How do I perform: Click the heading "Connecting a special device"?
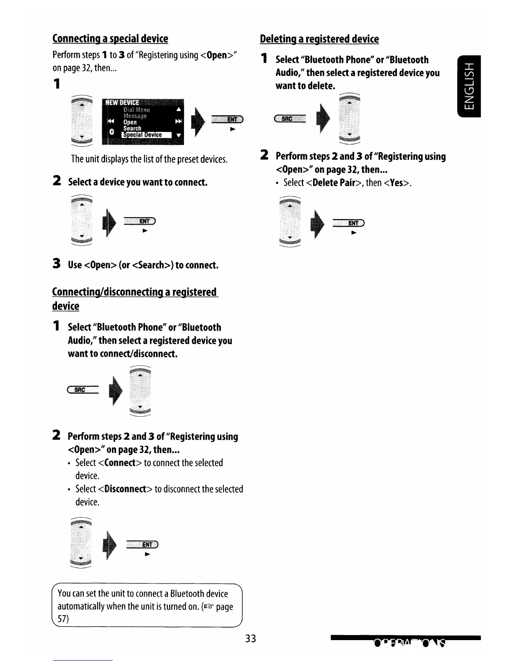coord(110,39)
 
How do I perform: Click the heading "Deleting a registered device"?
coord(319,39)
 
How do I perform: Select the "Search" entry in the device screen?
coord(132,128)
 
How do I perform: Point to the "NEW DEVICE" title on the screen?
coord(123,103)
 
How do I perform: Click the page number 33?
coord(250,638)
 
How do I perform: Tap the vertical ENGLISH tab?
coord(469,86)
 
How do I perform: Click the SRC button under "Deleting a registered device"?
coord(289,119)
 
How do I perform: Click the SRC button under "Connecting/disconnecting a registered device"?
coord(82,390)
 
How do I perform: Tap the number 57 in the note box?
coord(62,619)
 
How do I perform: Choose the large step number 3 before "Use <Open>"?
coord(56,264)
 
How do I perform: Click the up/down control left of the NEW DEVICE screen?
coord(82,122)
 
